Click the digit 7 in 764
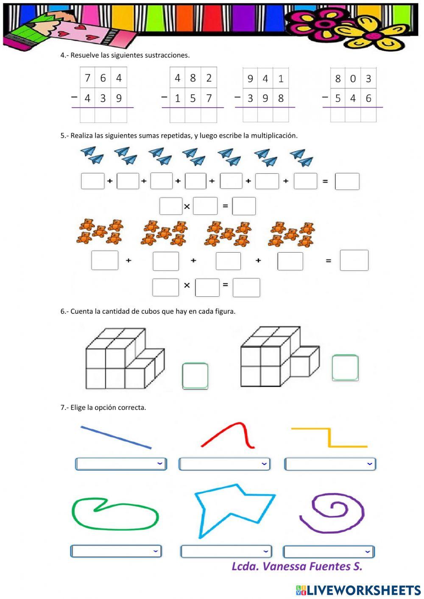(x=87, y=78)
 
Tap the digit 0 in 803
(x=353, y=79)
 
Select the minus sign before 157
(x=165, y=98)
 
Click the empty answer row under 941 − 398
(x=265, y=115)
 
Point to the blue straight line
(x=116, y=437)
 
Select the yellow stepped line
(x=329, y=437)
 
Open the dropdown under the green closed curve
(x=116, y=551)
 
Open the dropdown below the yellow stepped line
(x=330, y=464)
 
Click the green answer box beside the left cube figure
(x=195, y=376)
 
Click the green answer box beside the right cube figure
(x=345, y=368)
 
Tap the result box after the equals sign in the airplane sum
(x=347, y=181)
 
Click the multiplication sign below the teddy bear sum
(x=187, y=286)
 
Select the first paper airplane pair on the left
(x=92, y=155)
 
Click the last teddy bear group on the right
(x=292, y=234)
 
